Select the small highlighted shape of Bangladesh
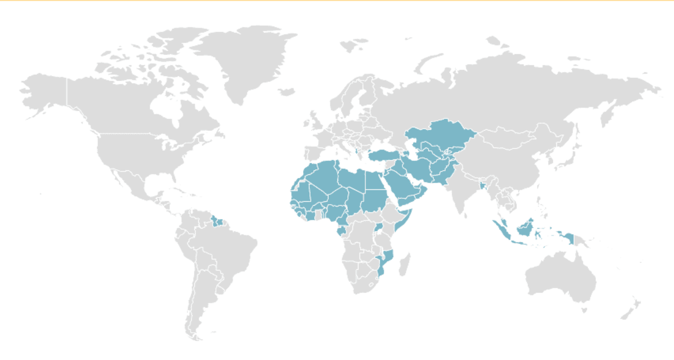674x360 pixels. pos(483,186)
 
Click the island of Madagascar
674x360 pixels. pos(405,264)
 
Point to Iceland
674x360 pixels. pos(287,92)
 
